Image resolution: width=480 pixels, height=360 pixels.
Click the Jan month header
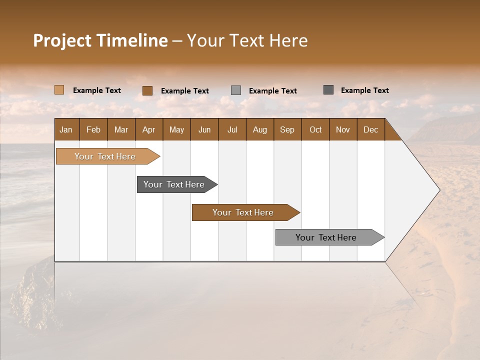pyautogui.click(x=66, y=129)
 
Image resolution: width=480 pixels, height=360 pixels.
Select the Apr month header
pyautogui.click(x=149, y=129)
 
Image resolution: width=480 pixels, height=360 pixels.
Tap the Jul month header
pyautogui.click(x=232, y=129)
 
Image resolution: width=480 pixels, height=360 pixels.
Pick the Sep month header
pyautogui.click(x=287, y=129)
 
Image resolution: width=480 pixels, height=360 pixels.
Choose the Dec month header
pyautogui.click(x=370, y=129)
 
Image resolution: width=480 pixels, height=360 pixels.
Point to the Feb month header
pyautogui.click(x=93, y=129)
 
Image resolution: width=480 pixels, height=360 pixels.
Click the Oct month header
pyautogui.click(x=315, y=129)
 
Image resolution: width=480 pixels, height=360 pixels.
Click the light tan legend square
pyautogui.click(x=59, y=90)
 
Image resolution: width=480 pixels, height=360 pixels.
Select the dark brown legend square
pyautogui.click(x=147, y=90)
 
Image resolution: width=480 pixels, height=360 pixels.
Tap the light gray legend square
pyautogui.click(x=236, y=90)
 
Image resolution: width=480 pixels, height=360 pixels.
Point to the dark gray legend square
pyautogui.click(x=328, y=90)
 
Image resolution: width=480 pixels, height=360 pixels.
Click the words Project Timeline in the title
pyautogui.click(x=100, y=40)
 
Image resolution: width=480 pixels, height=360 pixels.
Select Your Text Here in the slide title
pyautogui.click(x=247, y=40)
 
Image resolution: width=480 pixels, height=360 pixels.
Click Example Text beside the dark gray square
pyautogui.click(x=364, y=90)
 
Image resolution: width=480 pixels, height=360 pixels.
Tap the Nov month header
pyautogui.click(x=343, y=129)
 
